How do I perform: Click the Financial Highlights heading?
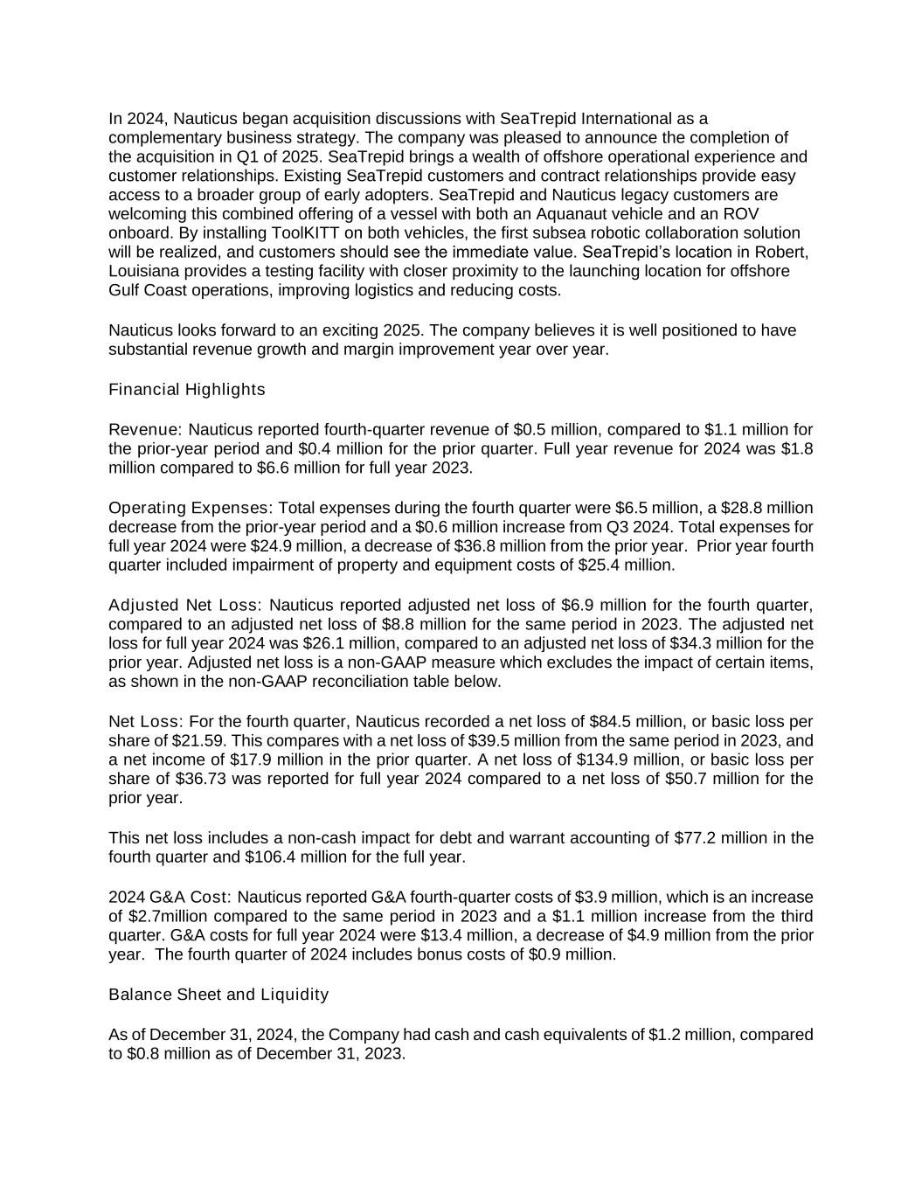(x=186, y=390)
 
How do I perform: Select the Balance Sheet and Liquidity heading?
(x=218, y=995)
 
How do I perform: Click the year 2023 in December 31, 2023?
(x=385, y=1054)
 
